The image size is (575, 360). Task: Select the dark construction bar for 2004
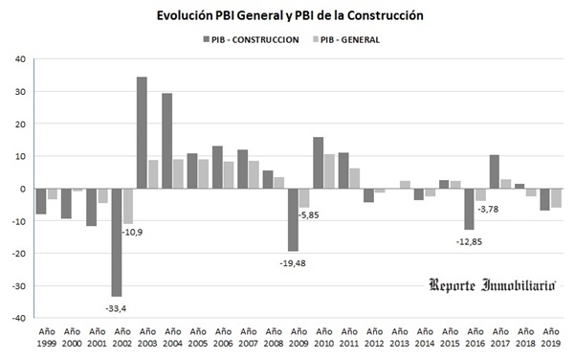pyautogui.click(x=166, y=141)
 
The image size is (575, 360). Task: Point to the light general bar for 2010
pyautogui.click(x=329, y=171)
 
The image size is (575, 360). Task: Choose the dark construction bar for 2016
pyautogui.click(x=469, y=209)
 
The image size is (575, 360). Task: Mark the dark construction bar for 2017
pyautogui.click(x=494, y=171)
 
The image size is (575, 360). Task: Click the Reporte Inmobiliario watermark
pyautogui.click(x=492, y=285)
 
